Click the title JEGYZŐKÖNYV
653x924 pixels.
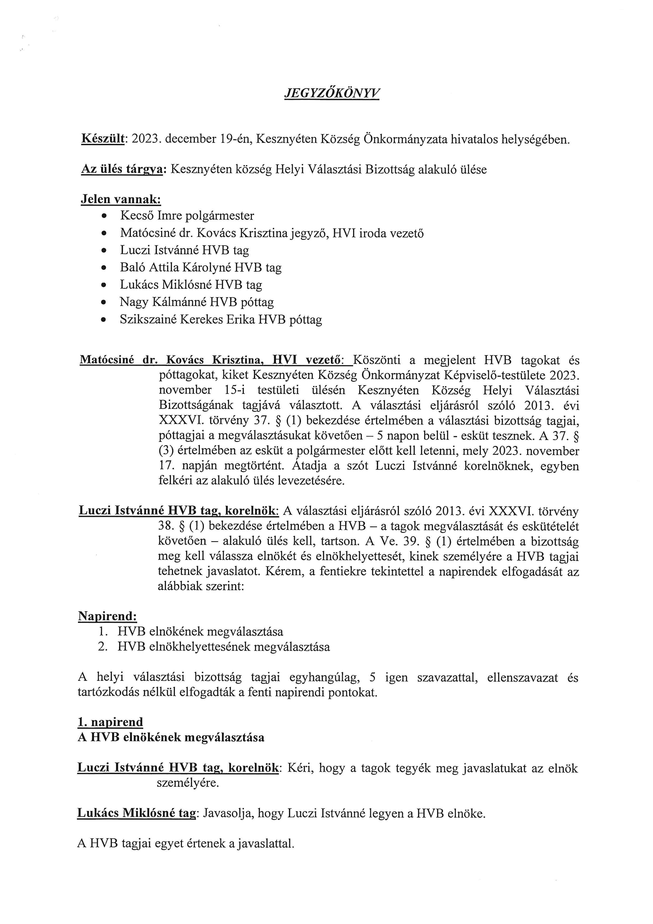point(332,93)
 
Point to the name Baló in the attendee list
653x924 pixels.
point(132,268)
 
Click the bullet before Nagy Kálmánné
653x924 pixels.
point(104,302)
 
